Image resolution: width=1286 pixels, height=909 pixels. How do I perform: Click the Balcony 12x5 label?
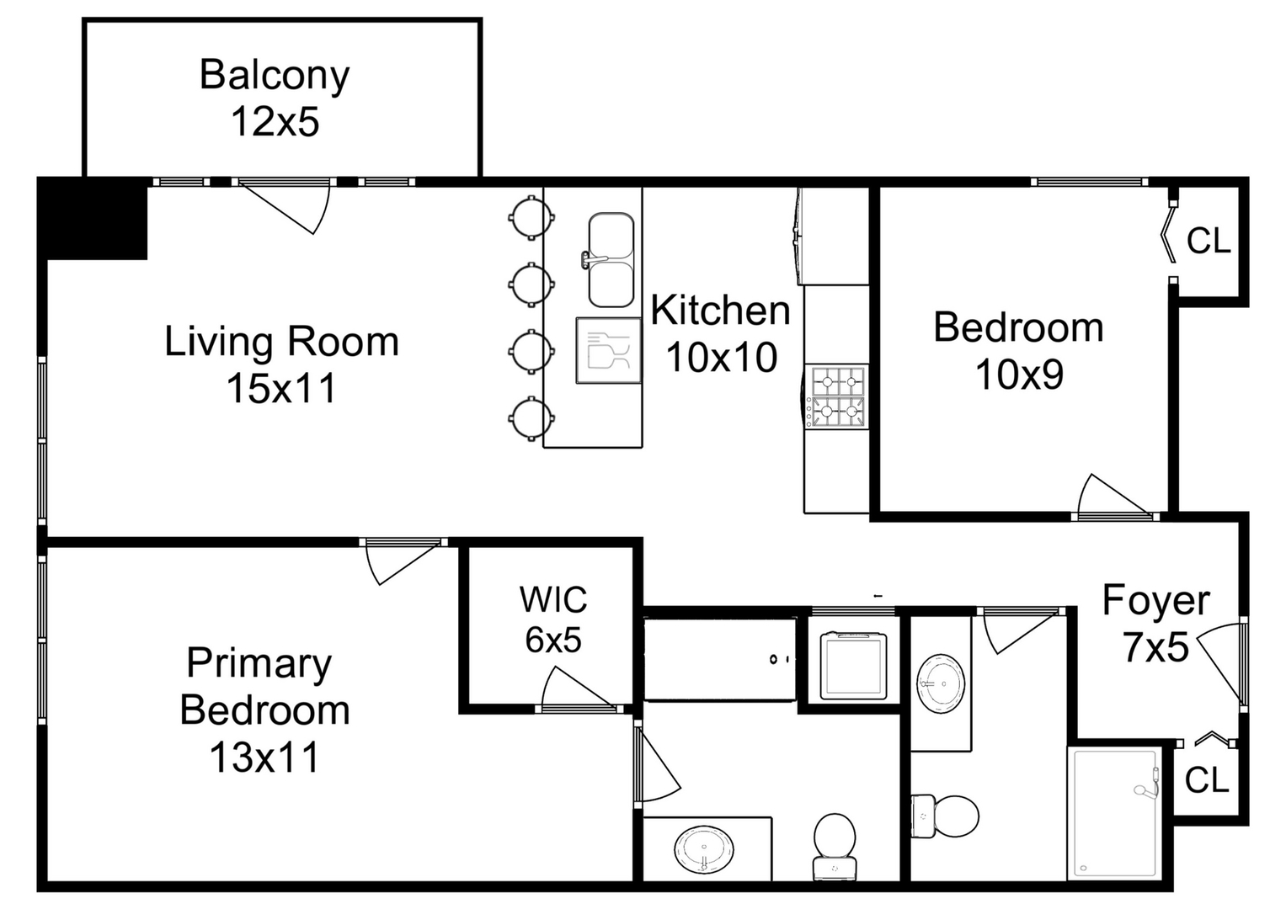point(275,98)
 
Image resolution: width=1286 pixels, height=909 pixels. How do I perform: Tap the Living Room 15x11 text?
point(281,364)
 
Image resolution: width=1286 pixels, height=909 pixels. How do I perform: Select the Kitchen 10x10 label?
point(721,334)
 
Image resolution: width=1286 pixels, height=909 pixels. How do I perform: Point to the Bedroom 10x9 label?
point(1018,351)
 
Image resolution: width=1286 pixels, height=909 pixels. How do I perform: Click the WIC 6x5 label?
point(553,619)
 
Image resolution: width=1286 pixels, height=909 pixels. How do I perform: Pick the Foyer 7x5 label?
point(1155,624)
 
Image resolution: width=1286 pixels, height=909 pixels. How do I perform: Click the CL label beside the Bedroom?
point(1209,242)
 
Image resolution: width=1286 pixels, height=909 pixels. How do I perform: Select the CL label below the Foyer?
point(1207,781)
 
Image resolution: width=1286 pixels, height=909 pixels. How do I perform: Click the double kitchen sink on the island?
point(611,260)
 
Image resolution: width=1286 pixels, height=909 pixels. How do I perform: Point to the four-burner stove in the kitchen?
point(837,396)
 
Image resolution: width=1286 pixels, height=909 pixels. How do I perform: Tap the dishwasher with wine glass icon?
point(608,350)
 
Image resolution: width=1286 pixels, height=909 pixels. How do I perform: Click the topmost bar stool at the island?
point(531,217)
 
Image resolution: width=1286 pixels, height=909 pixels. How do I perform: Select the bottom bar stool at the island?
point(531,417)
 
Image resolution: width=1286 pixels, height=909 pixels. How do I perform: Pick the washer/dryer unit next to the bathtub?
point(854,665)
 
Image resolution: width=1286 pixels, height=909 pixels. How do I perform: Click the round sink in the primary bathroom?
point(703,850)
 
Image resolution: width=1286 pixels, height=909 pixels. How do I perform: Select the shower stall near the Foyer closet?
point(1114,813)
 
